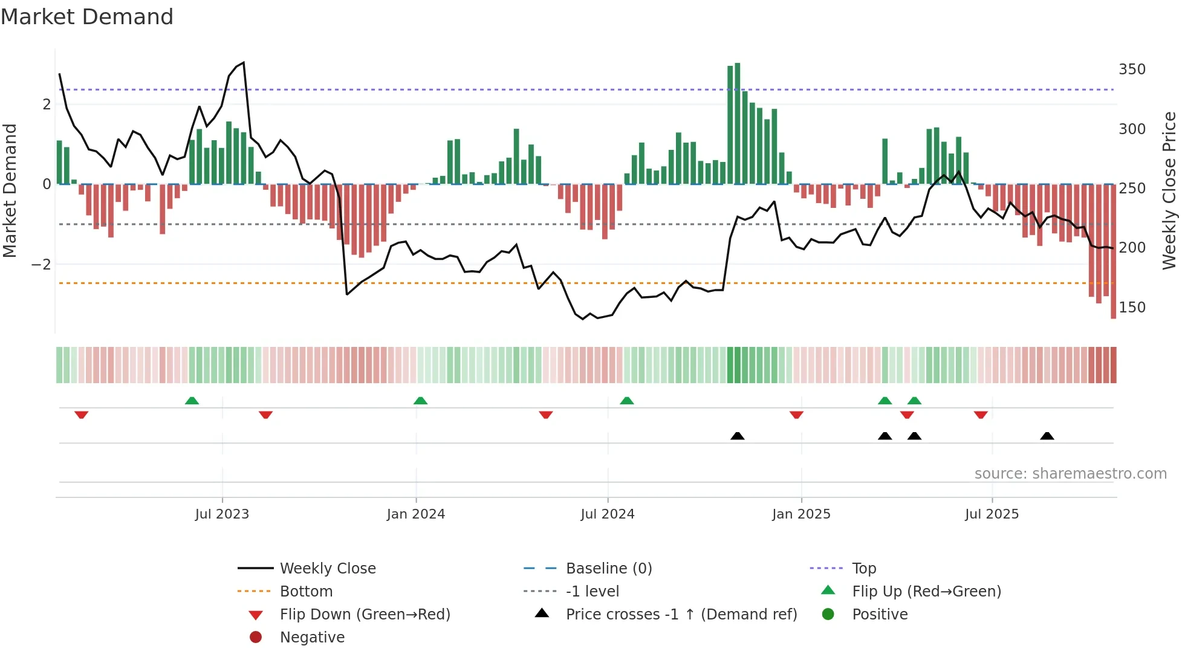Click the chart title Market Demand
pyautogui.click(x=87, y=17)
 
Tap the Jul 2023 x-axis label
pyautogui.click(x=222, y=514)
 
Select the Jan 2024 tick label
pyautogui.click(x=416, y=514)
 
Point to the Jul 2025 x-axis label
pyautogui.click(x=992, y=514)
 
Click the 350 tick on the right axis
pyautogui.click(x=1132, y=70)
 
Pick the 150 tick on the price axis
pyautogui.click(x=1132, y=308)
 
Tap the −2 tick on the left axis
pyautogui.click(x=41, y=265)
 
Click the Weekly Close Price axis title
pyautogui.click(x=1169, y=190)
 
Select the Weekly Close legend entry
pyautogui.click(x=327, y=569)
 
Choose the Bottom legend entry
pyautogui.click(x=306, y=592)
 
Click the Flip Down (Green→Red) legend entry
pyautogui.click(x=365, y=615)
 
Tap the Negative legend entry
pyautogui.click(x=312, y=638)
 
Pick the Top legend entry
pyautogui.click(x=864, y=569)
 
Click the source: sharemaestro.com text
pyautogui.click(x=1070, y=474)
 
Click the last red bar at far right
pyautogui.click(x=1113, y=251)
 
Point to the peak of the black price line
pyautogui.click(x=244, y=63)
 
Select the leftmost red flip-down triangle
pyautogui.click(x=82, y=415)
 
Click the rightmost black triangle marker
pyautogui.click(x=1047, y=436)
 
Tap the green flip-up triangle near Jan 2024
pyautogui.click(x=420, y=401)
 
